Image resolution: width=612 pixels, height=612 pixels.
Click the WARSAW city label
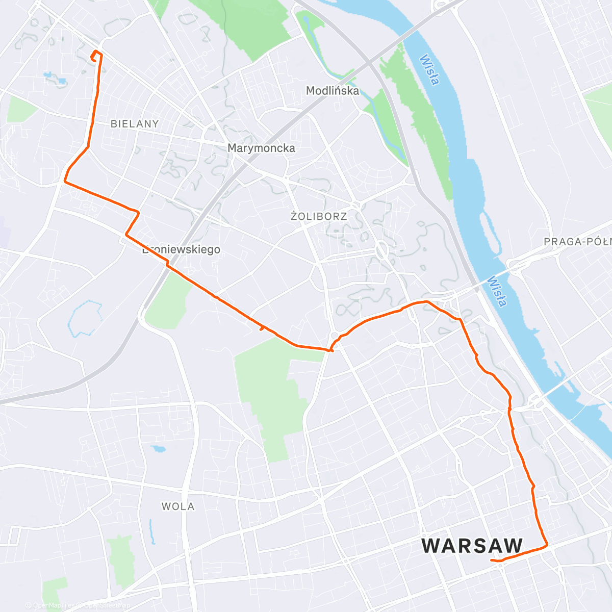pos(472,546)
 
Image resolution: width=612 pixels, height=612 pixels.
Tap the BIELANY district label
pos(135,124)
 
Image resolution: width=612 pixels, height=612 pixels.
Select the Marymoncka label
pos(261,148)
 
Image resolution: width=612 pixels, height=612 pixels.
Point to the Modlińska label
pos(333,91)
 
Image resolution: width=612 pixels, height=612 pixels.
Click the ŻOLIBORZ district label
pos(319,216)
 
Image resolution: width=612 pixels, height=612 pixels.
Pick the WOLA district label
pos(178,506)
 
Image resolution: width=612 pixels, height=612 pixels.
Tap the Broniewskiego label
pos(182,249)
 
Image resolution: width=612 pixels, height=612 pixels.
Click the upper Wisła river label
pos(429,70)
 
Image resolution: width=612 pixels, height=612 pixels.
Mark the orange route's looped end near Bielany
pos(95,56)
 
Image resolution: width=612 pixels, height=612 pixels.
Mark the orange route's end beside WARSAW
pos(491,560)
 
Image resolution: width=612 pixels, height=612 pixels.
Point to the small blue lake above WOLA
pos(159,449)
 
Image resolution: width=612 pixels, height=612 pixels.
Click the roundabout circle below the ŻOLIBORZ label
pos(381,250)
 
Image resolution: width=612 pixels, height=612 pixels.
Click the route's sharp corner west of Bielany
pos(65,181)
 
